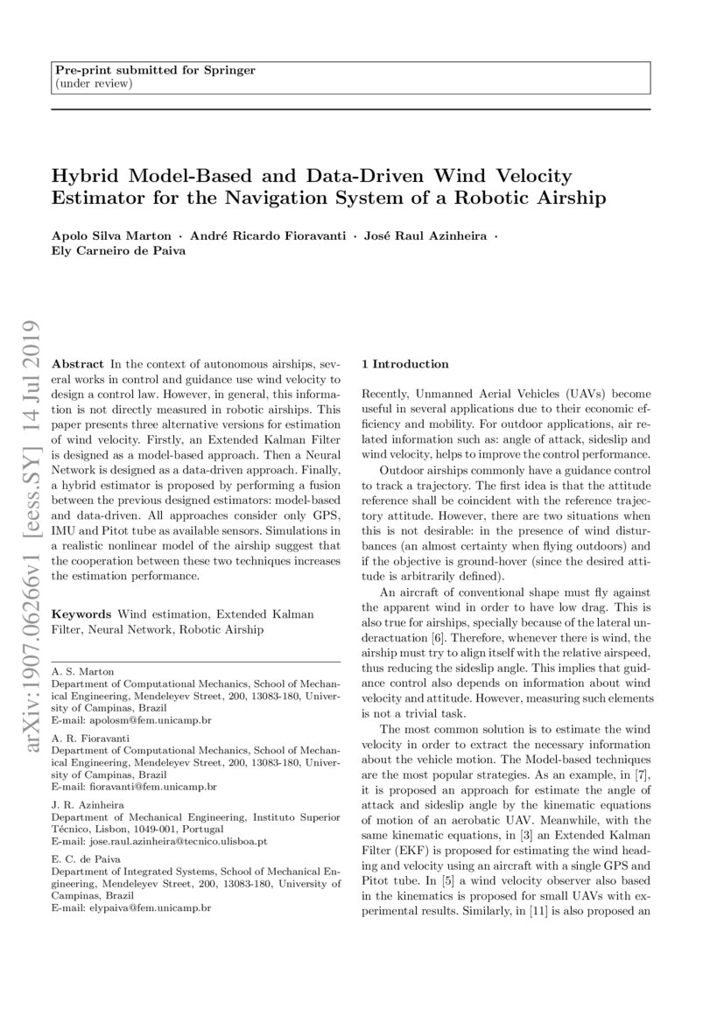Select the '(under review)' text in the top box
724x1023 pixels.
click(94, 83)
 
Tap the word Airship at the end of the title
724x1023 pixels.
click(572, 198)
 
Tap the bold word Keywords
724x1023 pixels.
click(82, 614)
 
